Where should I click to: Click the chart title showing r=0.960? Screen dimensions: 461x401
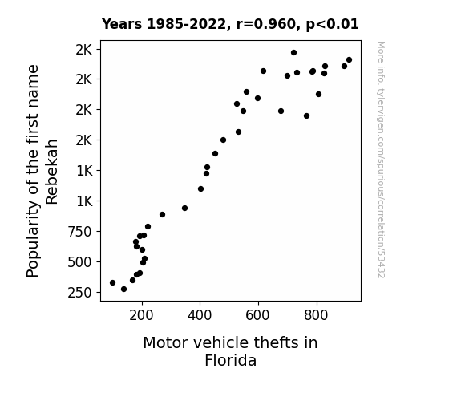tap(230, 24)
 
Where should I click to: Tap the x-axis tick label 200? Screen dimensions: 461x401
tap(141, 315)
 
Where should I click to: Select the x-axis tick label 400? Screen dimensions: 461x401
tap(200, 315)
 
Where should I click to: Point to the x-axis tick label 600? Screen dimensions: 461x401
tap(257, 315)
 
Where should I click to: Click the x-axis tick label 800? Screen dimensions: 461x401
tap(316, 315)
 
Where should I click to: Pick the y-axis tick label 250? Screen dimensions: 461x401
tap(79, 293)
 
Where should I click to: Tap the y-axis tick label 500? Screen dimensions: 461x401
tap(79, 262)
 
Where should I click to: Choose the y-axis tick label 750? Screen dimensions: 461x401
tap(79, 232)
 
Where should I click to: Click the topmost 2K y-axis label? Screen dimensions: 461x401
tap(84, 50)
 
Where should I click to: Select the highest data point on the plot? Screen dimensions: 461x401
tap(293, 53)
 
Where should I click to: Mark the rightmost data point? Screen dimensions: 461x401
tap(350, 60)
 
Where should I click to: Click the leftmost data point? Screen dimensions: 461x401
tap(112, 283)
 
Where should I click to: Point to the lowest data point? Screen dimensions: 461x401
tap(123, 290)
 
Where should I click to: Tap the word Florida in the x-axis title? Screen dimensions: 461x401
tap(231, 360)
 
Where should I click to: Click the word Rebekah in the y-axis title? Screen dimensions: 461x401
tap(52, 172)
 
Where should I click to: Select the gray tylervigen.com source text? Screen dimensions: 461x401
tap(382, 160)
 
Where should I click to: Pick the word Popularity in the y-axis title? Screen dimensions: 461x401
tap(33, 238)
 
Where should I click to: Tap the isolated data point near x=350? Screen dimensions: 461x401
tap(184, 209)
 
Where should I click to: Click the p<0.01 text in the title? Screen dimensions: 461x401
tap(332, 24)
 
